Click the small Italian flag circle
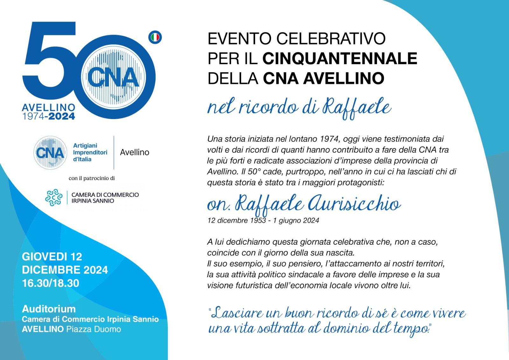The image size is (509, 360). coord(155,38)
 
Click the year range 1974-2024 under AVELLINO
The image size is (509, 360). coord(49,116)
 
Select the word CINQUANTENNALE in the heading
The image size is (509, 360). coord(340,58)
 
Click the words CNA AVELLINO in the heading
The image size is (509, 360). coord(324,78)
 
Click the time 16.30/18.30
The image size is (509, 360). coord(51,283)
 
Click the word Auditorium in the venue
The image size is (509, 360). coord(49,309)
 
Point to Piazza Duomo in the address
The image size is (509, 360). coord(94,329)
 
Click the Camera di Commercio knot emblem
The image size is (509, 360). coord(54,197)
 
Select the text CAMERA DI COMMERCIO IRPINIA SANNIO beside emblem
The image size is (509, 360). coord(105,198)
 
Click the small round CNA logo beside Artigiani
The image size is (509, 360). coord(50,152)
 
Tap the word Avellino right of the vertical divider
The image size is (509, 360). coord(135,152)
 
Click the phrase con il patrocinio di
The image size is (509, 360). coord(92,178)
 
